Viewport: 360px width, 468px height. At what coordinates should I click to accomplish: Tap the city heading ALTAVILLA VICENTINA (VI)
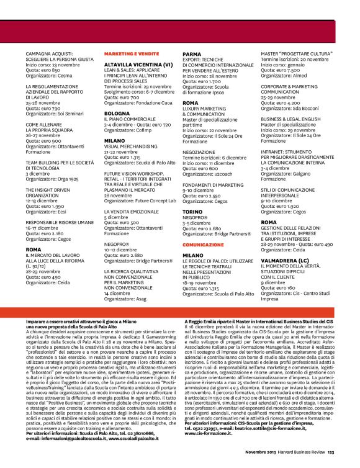tap(138, 64)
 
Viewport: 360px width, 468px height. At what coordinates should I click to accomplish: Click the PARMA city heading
tap(192, 54)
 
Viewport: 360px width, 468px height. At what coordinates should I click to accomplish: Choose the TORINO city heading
tap(193, 213)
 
